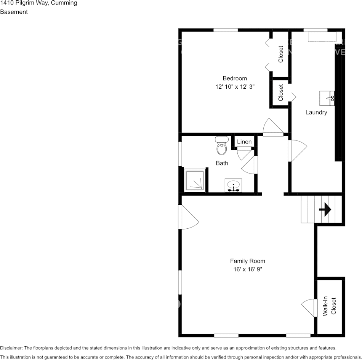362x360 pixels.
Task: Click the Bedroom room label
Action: (235, 78)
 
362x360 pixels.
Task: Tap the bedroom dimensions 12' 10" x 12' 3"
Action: (235, 87)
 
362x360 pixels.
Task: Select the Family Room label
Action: (248, 261)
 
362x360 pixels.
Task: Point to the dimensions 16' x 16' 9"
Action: (248, 269)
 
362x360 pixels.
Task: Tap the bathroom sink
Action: (233, 185)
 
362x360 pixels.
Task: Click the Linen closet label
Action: (244, 142)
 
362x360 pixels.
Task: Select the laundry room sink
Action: (327, 98)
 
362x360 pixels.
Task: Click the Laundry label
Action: (316, 112)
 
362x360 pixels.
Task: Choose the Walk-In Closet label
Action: (330, 306)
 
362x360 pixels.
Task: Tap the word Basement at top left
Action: (14, 12)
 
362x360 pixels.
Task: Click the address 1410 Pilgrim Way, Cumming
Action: (38, 3)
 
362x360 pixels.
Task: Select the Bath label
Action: (222, 163)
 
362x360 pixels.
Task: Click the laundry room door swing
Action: (298, 151)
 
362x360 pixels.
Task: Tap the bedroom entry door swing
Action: (273, 127)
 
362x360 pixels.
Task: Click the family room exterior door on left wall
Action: (189, 218)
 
